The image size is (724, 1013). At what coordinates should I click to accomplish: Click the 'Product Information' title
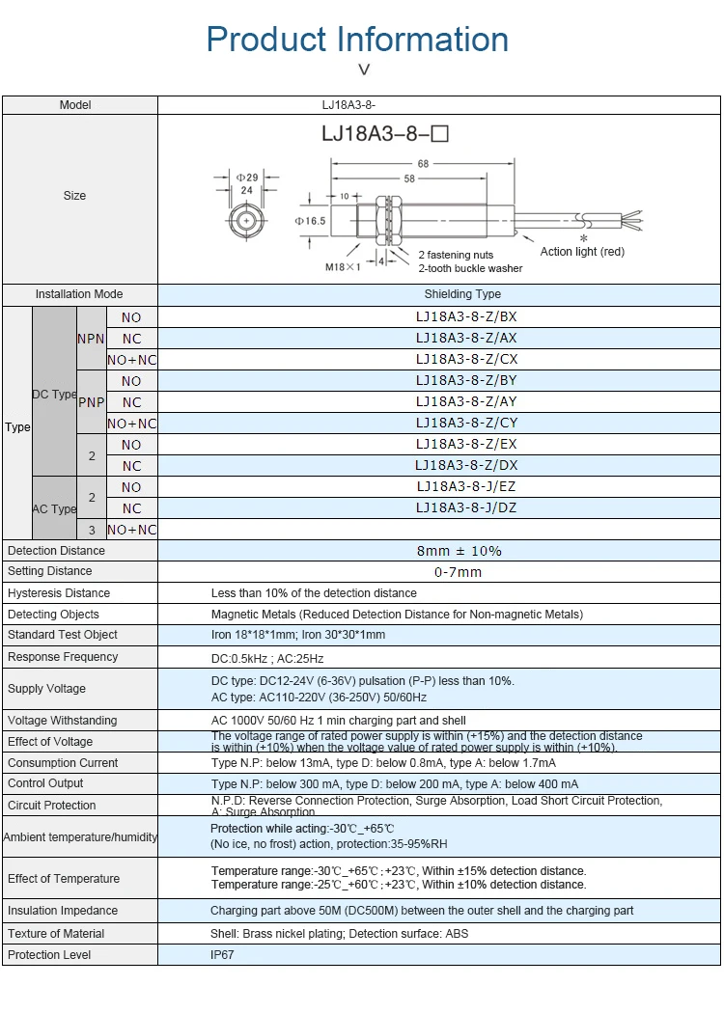click(x=357, y=40)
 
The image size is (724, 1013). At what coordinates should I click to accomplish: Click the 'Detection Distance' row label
click(x=56, y=551)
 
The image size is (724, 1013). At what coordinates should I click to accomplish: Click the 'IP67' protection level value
click(x=222, y=955)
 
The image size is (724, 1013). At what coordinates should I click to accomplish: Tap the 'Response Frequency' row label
click(x=63, y=657)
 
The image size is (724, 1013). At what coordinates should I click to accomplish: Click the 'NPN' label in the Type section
click(x=91, y=339)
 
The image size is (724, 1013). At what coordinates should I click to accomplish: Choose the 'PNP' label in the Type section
click(x=91, y=402)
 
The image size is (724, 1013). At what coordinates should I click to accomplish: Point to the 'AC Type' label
click(x=54, y=508)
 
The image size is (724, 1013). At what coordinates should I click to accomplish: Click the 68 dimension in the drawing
click(x=423, y=164)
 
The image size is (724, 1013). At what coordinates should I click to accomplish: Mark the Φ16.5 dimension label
click(x=310, y=221)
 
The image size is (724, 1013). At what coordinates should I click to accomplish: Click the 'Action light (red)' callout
click(x=582, y=252)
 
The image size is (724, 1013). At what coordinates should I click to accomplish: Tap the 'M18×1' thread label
click(x=342, y=267)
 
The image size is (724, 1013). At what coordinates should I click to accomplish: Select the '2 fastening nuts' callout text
click(x=456, y=256)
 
